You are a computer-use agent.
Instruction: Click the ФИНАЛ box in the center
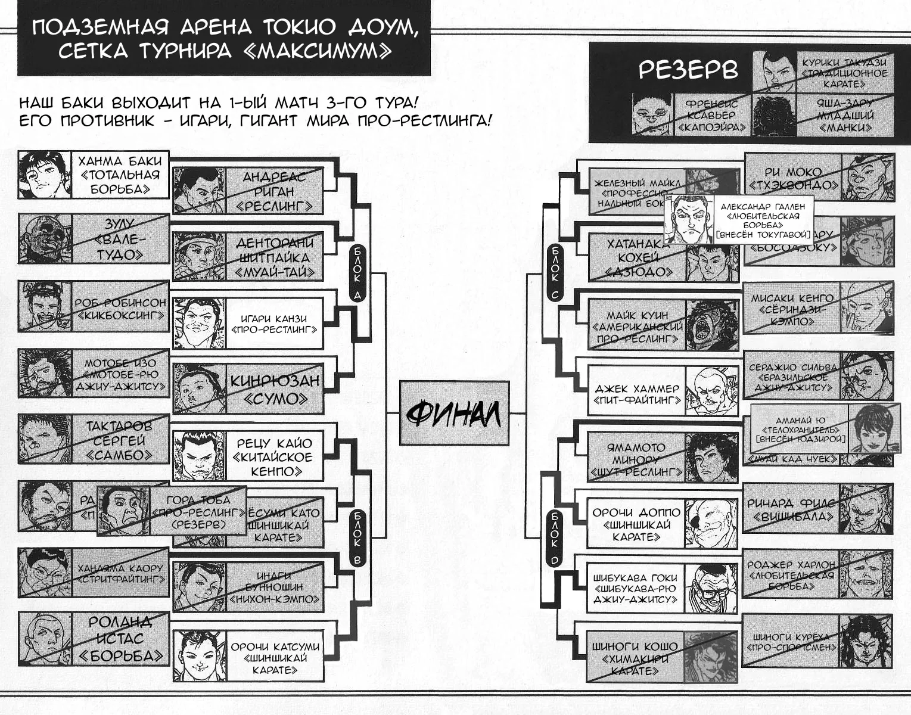tap(454, 414)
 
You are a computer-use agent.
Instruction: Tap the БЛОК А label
tap(357, 272)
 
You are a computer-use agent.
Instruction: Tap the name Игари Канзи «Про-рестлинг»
tap(275, 324)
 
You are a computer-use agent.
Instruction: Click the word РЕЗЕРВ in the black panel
tap(688, 70)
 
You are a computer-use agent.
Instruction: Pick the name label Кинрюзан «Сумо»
tap(275, 389)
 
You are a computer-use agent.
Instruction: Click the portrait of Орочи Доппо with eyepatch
tap(711, 523)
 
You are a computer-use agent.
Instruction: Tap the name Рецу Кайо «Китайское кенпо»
tap(275, 456)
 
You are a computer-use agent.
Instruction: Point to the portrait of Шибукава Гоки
tap(711, 587)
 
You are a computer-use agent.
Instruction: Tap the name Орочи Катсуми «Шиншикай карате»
tap(275, 658)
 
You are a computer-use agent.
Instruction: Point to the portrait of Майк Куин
tap(711, 325)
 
